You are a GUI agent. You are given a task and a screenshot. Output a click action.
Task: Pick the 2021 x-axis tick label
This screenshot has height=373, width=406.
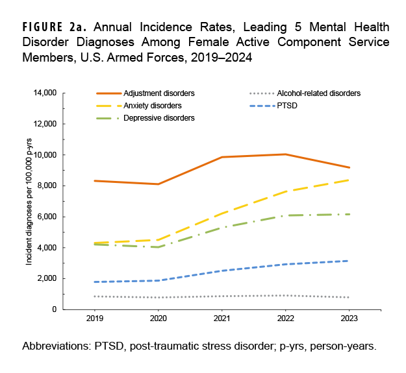point(222,320)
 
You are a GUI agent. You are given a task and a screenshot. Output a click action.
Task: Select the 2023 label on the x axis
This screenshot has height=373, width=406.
point(349,320)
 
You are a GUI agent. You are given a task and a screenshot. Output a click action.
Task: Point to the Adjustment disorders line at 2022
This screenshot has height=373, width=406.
point(285,154)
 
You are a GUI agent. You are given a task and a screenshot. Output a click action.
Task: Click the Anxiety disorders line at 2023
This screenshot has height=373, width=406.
point(349,180)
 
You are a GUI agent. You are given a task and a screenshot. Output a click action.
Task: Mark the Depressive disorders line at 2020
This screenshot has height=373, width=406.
point(159,247)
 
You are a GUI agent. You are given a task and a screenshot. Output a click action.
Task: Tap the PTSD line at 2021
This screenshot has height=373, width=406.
point(222,271)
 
